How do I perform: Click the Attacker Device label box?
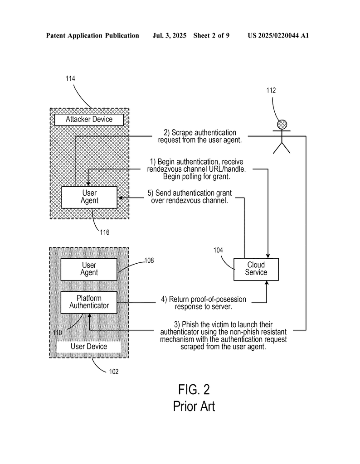point(89,120)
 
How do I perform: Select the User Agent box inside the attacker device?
point(89,197)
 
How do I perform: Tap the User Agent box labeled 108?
point(89,269)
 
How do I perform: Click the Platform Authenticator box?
point(89,302)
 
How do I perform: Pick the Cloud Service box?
point(256,269)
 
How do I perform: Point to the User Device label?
point(89,347)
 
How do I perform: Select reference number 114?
point(70,78)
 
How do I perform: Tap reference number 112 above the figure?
point(271,91)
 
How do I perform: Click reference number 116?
point(104,232)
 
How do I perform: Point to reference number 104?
point(219,250)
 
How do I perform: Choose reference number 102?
point(113,372)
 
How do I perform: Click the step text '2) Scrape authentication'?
point(200,133)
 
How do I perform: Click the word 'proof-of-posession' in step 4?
point(218,299)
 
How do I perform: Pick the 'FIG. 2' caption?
point(194,389)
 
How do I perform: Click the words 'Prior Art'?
point(194,406)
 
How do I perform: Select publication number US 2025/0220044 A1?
point(278,35)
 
